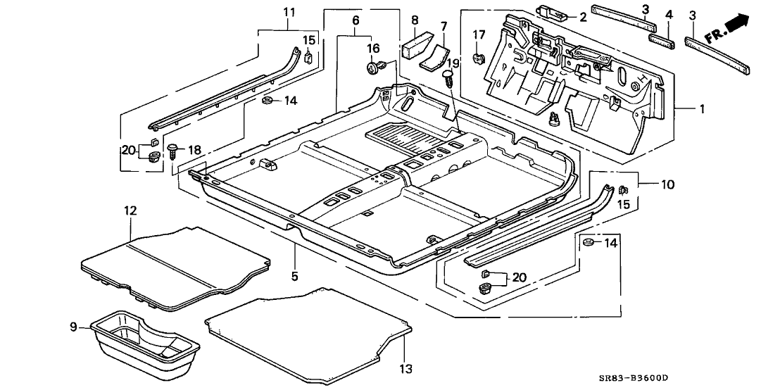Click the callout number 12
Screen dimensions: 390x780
pyautogui.click(x=131, y=210)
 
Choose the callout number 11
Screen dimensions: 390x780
pyautogui.click(x=290, y=12)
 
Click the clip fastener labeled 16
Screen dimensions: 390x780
pyautogui.click(x=375, y=68)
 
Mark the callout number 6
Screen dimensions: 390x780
pyautogui.click(x=356, y=22)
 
